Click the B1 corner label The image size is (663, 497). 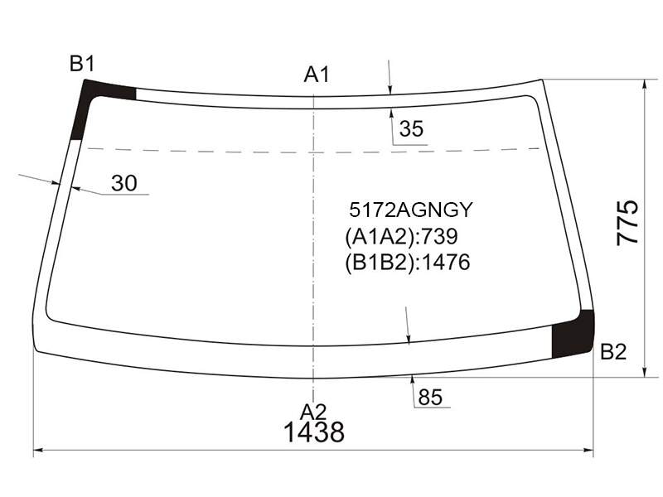[82, 64]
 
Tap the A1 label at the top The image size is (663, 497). [317, 75]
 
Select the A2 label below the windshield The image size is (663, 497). [313, 412]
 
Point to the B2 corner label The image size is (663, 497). [613, 351]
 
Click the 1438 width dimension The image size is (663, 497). [314, 432]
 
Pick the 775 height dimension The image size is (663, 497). [627, 222]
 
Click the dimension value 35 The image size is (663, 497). [411, 128]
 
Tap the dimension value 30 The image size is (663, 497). [124, 183]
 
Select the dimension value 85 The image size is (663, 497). [430, 398]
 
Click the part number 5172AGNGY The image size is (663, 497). [410, 210]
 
